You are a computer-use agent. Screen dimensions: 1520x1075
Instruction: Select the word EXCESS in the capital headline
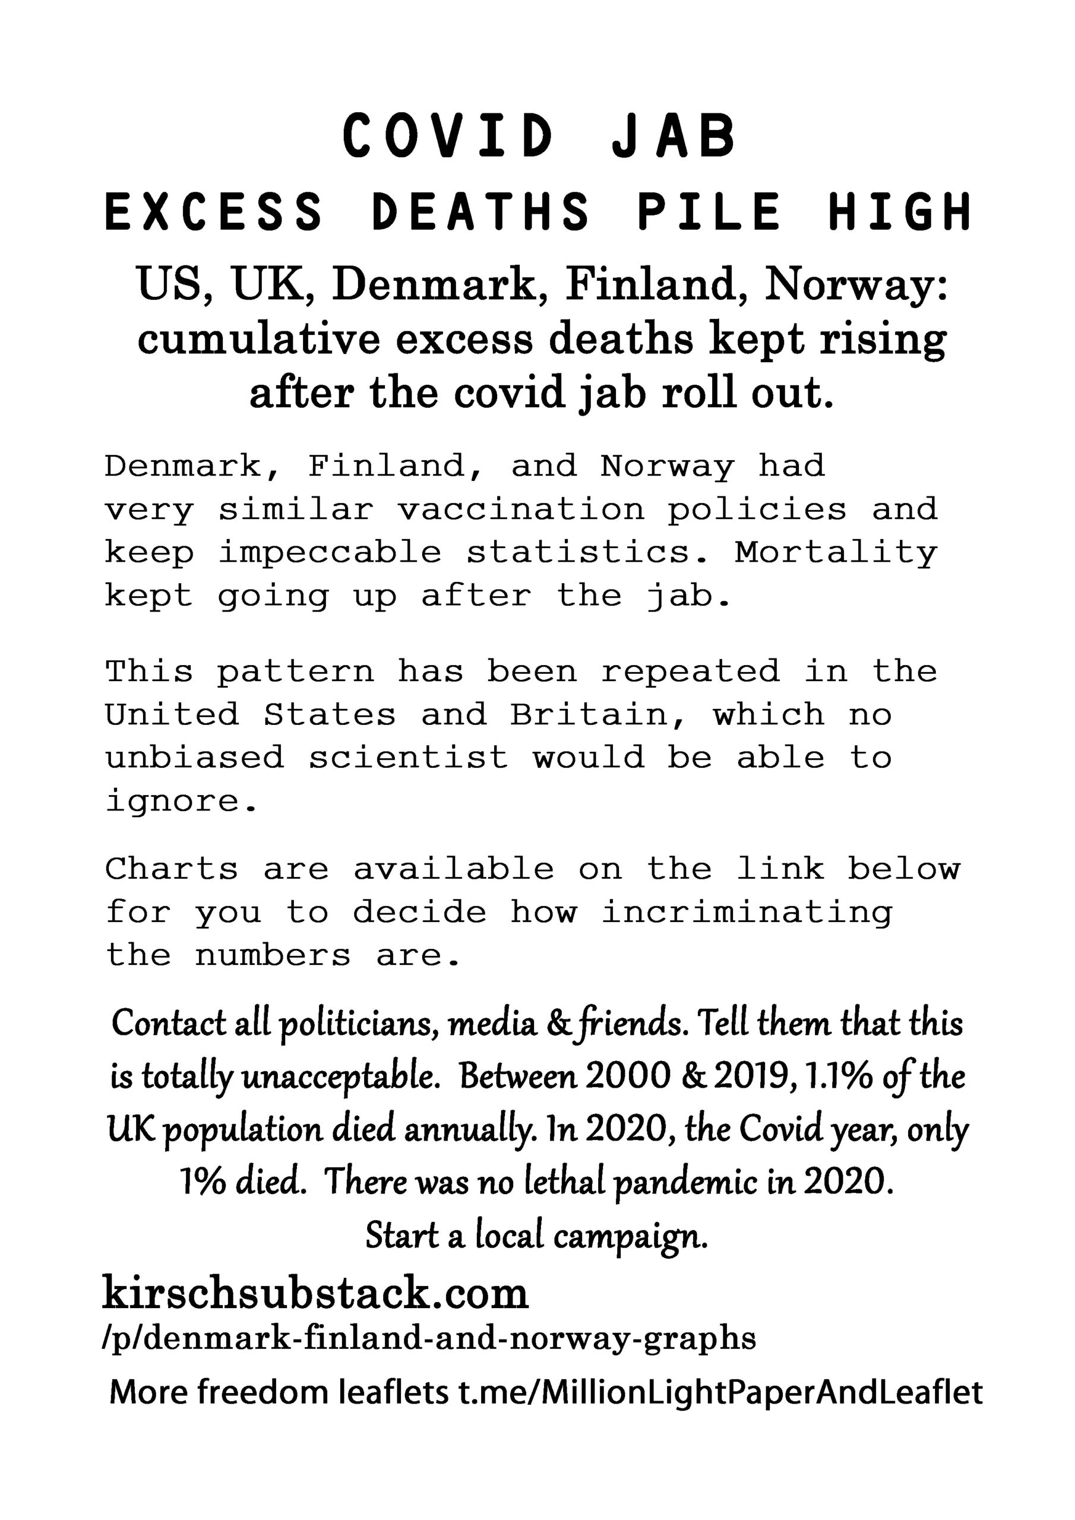(214, 212)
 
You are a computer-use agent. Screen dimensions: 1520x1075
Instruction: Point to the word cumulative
(258, 339)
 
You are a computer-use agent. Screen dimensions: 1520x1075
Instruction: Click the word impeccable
(330, 552)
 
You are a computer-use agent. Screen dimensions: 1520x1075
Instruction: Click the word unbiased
(194, 758)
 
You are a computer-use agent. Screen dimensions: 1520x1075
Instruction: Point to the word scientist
(409, 758)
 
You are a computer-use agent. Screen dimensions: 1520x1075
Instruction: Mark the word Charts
(172, 869)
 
